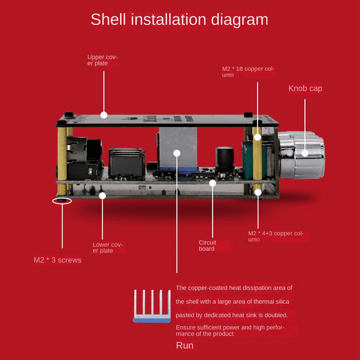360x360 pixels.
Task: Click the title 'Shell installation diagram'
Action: [179, 19]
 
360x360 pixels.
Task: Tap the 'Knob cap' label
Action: [305, 88]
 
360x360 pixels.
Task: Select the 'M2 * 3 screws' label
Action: [57, 260]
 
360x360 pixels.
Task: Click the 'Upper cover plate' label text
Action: [102, 60]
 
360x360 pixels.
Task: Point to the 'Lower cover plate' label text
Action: [107, 247]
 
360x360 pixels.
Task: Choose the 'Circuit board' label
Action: [207, 246]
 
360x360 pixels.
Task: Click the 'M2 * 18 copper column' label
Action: [248, 72]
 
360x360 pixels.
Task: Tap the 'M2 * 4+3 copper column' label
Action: [276, 236]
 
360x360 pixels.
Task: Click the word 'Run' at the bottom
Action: [184, 346]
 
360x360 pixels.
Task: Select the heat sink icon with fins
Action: [152, 306]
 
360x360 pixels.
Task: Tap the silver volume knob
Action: [301, 155]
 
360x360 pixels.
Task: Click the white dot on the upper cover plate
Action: [104, 115]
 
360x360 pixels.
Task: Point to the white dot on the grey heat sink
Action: [177, 153]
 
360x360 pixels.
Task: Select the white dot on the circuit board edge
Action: [212, 183]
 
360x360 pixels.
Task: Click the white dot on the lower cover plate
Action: [102, 196]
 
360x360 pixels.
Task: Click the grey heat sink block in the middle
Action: [177, 147]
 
